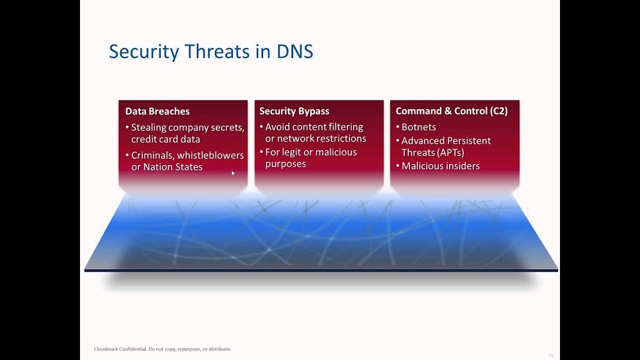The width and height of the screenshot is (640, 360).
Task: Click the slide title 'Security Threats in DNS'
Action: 210,51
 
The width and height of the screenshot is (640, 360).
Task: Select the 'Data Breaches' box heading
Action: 157,111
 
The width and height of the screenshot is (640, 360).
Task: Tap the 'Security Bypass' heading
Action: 294,111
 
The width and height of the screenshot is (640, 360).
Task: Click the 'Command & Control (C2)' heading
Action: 451,111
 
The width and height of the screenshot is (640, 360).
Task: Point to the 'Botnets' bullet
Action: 418,127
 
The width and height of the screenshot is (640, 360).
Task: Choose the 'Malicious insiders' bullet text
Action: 440,166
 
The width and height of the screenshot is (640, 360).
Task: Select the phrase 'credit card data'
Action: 165,139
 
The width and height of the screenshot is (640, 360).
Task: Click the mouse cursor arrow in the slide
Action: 233,173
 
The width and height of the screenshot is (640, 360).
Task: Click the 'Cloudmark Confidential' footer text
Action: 120,349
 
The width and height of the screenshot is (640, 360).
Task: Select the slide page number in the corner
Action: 550,355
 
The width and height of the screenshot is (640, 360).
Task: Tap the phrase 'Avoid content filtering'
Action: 314,127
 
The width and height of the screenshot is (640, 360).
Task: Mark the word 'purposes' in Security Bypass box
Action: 285,164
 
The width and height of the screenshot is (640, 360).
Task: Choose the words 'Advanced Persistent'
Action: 446,141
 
